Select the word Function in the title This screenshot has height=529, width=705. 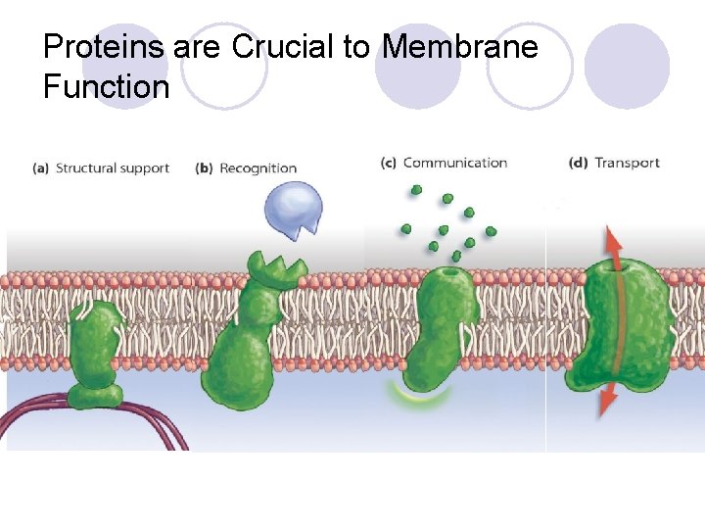click(x=106, y=87)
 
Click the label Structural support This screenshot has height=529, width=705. click(x=113, y=168)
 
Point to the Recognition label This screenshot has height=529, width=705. click(x=258, y=168)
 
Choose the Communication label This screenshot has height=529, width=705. click(x=455, y=163)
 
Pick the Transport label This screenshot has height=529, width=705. click(x=628, y=163)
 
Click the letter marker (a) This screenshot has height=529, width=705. click(x=40, y=168)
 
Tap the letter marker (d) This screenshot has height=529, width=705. click(x=578, y=163)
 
